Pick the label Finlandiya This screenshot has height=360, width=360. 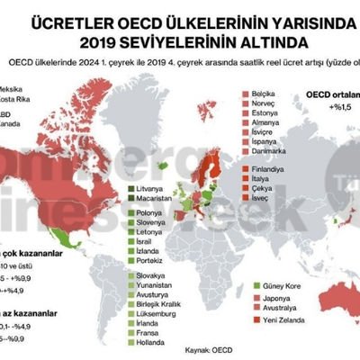(x=269, y=168)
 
